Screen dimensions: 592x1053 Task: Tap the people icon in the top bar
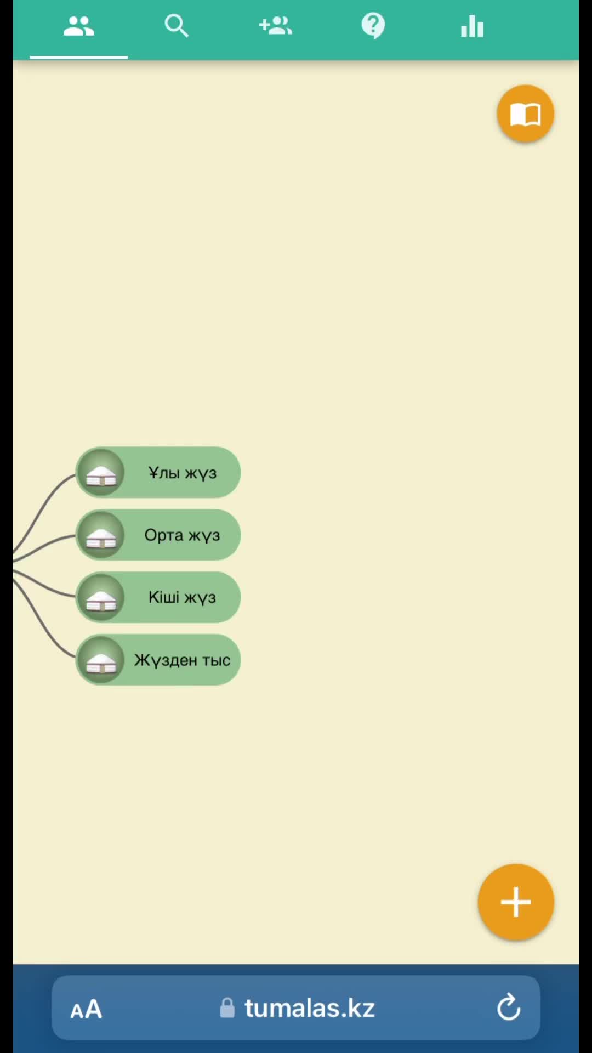tap(78, 26)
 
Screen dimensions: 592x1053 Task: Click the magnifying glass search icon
tap(177, 26)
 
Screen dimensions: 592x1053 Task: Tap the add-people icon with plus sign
tap(275, 25)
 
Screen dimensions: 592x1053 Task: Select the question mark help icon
tap(373, 26)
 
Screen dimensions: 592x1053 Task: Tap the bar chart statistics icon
tap(472, 26)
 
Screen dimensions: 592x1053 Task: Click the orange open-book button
tap(526, 114)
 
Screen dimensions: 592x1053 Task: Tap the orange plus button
tap(516, 902)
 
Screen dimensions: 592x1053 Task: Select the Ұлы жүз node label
tap(183, 473)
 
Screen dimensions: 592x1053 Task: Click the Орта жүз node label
tap(182, 535)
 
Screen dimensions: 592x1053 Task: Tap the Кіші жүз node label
tap(182, 597)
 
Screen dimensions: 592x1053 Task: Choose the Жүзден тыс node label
tap(182, 660)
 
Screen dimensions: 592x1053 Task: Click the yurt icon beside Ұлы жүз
tap(101, 472)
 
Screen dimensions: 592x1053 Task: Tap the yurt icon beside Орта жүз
tap(101, 535)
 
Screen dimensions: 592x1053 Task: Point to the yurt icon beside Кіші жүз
tap(101, 597)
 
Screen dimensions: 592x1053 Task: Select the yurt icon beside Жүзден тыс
tap(101, 660)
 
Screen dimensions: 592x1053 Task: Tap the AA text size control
tap(86, 1009)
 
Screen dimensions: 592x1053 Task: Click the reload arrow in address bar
tap(508, 1007)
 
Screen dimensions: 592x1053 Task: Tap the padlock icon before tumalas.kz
tap(227, 1008)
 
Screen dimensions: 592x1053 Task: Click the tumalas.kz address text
tap(310, 1008)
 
